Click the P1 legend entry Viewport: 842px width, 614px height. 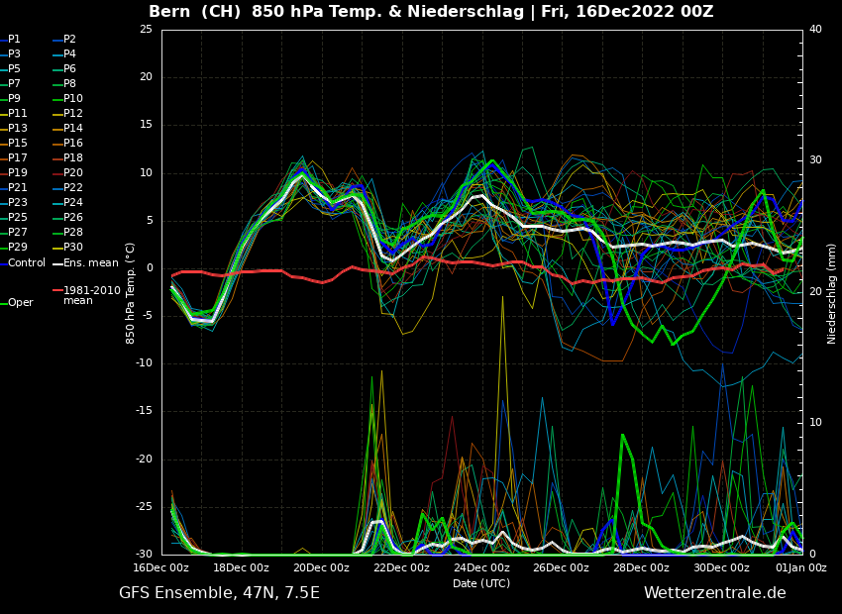[14, 40]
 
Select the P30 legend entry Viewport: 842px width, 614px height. [72, 248]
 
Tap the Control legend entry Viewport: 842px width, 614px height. [26, 262]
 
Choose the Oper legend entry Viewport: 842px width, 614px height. [20, 303]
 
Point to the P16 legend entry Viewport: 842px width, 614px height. [72, 144]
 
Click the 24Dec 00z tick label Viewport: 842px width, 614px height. [481, 567]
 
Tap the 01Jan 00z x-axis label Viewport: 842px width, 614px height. [801, 567]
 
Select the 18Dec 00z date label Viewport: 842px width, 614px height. [241, 567]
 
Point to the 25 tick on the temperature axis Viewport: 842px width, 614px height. [146, 30]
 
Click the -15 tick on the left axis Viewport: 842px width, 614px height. [144, 411]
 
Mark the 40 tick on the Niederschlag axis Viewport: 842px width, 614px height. [815, 30]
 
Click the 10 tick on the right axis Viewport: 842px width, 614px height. [815, 423]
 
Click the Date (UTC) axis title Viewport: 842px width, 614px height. [481, 583]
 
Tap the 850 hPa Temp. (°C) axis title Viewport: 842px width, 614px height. [131, 292]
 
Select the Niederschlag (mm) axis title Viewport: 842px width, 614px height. [832, 292]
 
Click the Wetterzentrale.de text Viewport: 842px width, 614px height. [714, 593]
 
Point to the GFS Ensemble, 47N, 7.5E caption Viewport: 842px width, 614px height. [219, 593]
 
